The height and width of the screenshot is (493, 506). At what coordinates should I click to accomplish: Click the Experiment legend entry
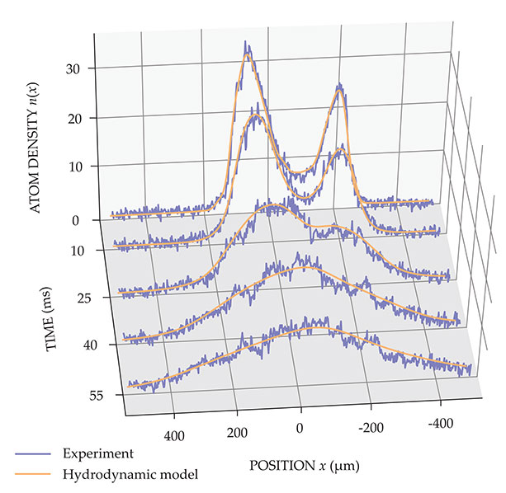tap(98, 453)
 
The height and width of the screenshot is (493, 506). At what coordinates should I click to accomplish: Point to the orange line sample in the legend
tap(34, 474)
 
